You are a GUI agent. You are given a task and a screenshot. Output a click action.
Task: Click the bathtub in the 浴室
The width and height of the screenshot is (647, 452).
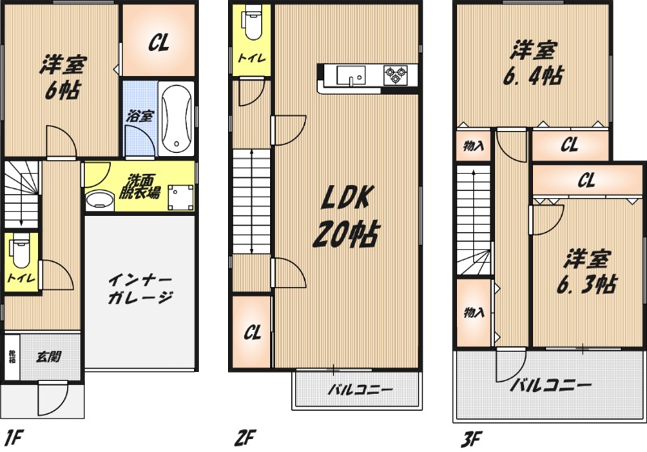click(x=176, y=118)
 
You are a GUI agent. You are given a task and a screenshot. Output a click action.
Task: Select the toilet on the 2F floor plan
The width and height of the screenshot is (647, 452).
click(x=253, y=23)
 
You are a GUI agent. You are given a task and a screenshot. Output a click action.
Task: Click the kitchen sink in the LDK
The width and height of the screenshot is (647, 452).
click(x=351, y=75)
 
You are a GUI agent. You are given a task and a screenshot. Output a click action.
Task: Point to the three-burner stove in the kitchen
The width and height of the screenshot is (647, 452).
click(x=395, y=75)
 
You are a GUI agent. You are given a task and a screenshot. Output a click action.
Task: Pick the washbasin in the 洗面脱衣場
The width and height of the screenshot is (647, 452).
click(x=99, y=201)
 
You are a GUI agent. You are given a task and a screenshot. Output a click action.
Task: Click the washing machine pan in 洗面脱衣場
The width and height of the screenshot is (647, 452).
click(x=180, y=197)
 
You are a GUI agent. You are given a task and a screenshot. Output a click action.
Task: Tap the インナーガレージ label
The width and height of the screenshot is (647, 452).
click(x=140, y=289)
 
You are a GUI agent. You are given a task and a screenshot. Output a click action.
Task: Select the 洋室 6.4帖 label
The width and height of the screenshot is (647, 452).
click(x=533, y=63)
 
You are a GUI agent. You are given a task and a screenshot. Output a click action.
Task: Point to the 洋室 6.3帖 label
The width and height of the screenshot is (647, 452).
click(x=587, y=272)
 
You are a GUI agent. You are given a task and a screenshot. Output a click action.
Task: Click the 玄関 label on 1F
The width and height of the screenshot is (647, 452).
click(x=49, y=357)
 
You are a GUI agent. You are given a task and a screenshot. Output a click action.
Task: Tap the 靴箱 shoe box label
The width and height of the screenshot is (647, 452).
click(x=12, y=357)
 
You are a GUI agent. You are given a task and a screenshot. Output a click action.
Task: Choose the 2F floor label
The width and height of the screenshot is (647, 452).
click(x=245, y=437)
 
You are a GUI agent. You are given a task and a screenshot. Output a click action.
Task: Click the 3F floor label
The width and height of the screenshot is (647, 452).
click(x=472, y=439)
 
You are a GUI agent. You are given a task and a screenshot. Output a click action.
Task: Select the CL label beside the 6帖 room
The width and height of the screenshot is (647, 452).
click(x=159, y=42)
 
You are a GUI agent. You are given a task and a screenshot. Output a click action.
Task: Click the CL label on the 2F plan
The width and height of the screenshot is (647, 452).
click(x=252, y=332)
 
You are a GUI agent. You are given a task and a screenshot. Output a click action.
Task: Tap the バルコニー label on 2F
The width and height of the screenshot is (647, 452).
click(x=360, y=389)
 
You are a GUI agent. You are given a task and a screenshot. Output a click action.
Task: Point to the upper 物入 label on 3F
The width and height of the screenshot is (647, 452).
click(x=473, y=146)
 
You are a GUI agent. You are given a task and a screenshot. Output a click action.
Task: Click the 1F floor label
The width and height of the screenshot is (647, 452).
click(x=14, y=437)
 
